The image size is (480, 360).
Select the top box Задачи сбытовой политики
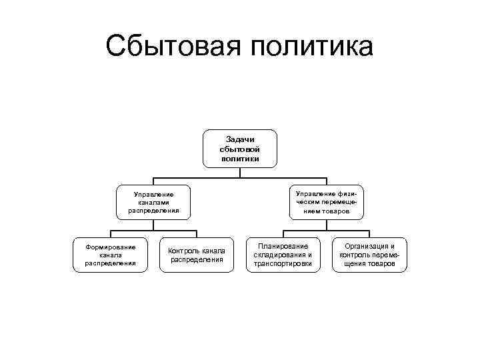(239, 149)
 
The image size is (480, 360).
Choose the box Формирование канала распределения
(110, 255)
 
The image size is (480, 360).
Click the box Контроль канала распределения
(197, 255)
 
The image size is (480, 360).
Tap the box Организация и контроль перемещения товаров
(370, 255)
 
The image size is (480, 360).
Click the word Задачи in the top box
(239, 139)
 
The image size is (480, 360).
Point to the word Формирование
(110, 247)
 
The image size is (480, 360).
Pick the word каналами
(154, 202)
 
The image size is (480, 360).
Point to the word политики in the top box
(239, 159)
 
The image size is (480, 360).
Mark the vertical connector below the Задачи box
(239, 172)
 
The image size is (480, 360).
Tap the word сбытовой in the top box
(239, 149)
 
